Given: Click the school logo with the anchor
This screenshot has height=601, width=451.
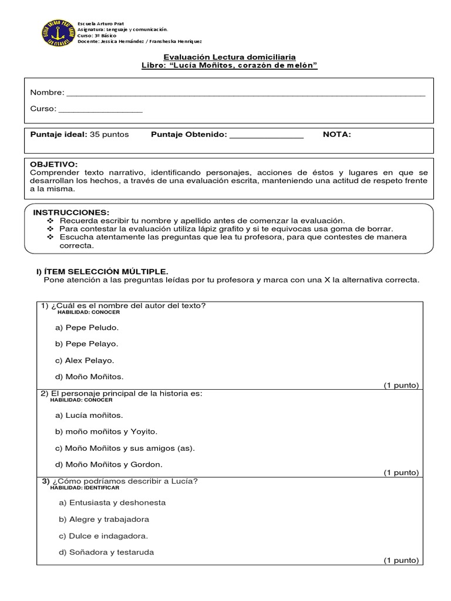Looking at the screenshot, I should [56, 33].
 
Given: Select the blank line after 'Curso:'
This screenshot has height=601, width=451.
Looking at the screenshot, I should [100, 110].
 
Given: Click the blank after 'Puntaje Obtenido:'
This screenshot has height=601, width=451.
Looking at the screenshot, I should [266, 136].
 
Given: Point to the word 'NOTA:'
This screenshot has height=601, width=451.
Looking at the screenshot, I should [337, 134].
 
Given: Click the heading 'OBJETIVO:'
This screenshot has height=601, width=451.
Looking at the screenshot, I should [54, 164].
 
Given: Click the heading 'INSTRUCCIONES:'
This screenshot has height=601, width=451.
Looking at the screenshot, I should [71, 212].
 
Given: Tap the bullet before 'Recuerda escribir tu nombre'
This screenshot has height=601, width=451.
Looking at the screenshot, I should [50, 220].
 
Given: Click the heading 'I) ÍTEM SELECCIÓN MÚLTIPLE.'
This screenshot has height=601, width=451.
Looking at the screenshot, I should [102, 271].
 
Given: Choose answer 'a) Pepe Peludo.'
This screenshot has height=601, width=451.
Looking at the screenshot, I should [87, 327].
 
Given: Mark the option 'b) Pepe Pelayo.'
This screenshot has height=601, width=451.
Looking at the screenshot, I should [87, 344].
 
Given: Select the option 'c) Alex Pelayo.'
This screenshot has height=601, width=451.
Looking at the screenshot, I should [85, 360].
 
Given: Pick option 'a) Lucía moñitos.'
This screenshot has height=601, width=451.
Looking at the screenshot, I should [89, 416].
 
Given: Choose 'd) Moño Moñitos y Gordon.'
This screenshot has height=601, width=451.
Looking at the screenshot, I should [109, 464].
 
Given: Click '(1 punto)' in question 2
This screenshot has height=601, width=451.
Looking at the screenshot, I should [402, 472].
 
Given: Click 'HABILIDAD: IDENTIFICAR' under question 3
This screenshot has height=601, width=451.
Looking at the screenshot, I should [85, 488].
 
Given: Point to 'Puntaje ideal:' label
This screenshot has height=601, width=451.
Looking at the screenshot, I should [59, 134].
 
